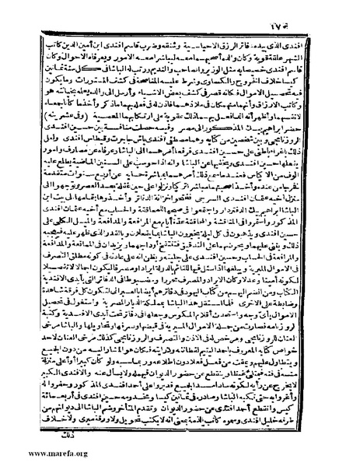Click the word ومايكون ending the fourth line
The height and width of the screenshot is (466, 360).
point(63,72)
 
